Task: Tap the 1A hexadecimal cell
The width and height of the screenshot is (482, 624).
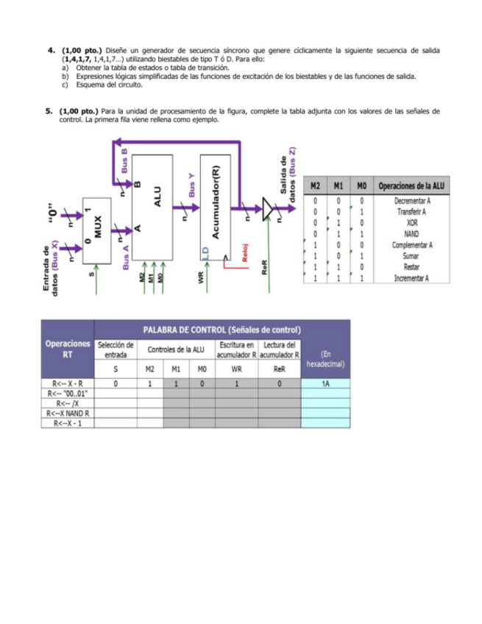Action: point(325,383)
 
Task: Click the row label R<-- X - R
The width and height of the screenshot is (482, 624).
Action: point(68,383)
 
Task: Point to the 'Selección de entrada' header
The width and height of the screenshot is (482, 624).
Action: point(116,350)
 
